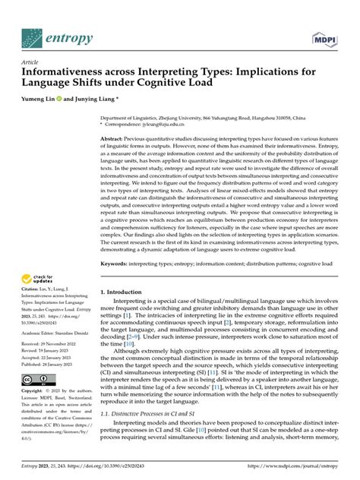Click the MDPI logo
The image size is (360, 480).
324,38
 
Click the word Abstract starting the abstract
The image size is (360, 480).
114,140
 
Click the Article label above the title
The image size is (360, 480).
31,62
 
